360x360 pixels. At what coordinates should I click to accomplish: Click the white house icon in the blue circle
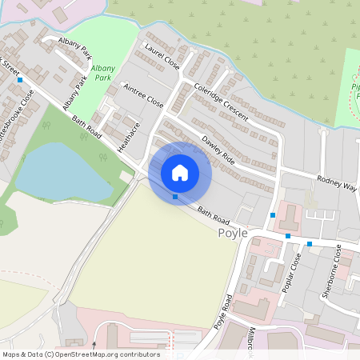(x=180, y=173)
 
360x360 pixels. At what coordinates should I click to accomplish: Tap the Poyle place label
(x=232, y=233)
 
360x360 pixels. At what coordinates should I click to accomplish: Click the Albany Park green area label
(x=102, y=73)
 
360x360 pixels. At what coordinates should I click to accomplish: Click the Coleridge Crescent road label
(x=219, y=102)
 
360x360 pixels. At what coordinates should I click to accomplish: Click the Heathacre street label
(x=128, y=137)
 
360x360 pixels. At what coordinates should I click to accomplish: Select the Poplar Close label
(x=294, y=273)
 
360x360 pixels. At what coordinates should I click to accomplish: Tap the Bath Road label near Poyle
(x=214, y=216)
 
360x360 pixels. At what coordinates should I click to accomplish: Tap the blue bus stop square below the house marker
(x=175, y=197)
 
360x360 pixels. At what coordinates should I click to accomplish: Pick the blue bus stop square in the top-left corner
(x=18, y=81)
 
